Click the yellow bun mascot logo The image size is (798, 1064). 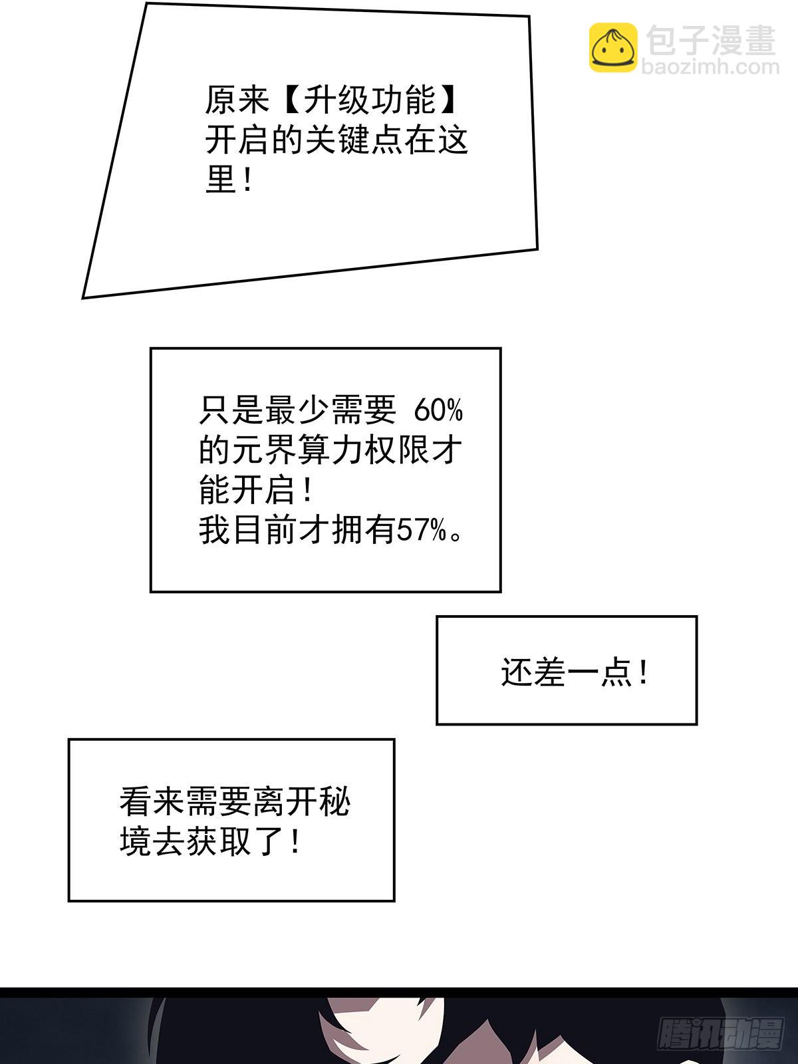pos(613,47)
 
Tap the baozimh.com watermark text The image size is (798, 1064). pos(710,67)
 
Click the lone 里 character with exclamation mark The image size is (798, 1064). pos(228,180)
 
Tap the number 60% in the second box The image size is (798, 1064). pos(438,410)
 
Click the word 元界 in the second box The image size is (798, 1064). pos(263,450)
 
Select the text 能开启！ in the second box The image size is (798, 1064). pos(256,491)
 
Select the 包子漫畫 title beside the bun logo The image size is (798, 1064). pos(711,40)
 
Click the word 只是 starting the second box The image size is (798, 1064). pos(231,410)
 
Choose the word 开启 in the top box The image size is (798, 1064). pos(237,140)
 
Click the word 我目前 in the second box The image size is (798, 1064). pos(248,531)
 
